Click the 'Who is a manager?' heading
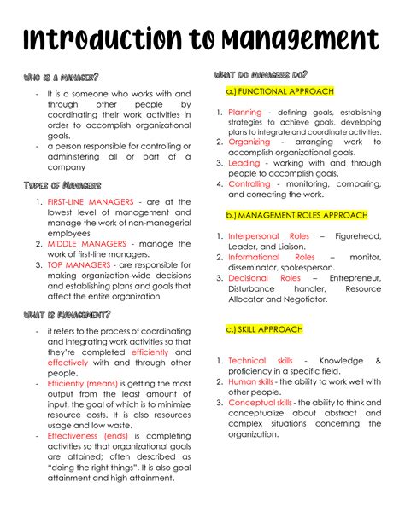62,78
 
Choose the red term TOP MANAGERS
78,264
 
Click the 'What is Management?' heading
67,315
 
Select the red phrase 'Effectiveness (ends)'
87,436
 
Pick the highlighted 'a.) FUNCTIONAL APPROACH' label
279,91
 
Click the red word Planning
245,113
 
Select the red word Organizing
249,142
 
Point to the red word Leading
244,162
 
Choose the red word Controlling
249,183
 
